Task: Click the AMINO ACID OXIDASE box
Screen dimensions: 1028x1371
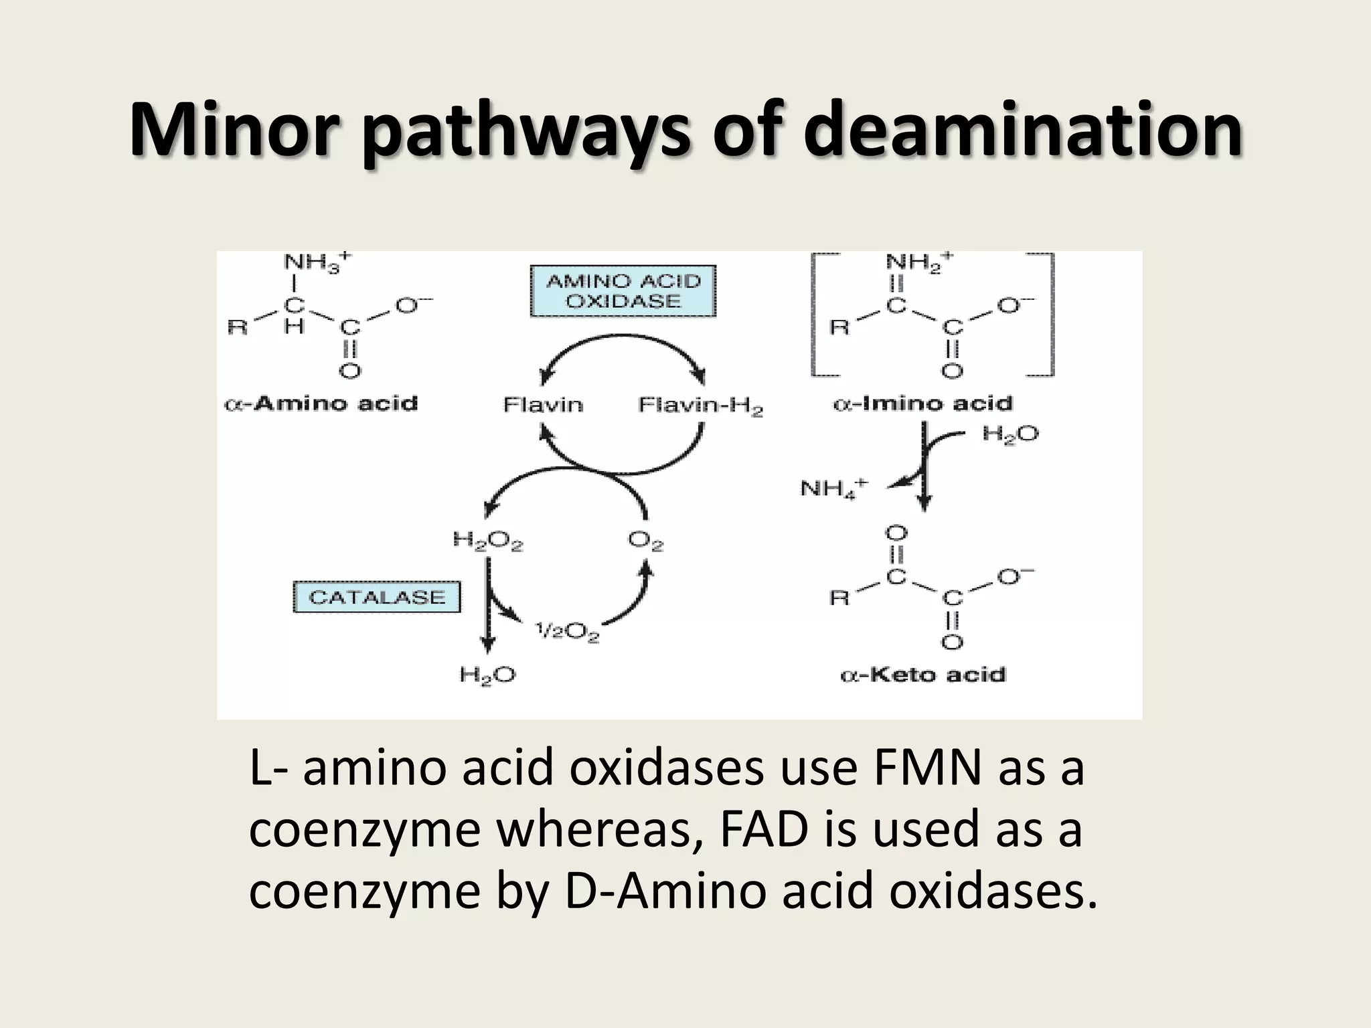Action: click(623, 291)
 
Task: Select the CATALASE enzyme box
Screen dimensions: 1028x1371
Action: click(377, 597)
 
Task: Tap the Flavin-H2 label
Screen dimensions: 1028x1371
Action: click(700, 406)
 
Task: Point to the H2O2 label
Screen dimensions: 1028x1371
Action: click(488, 541)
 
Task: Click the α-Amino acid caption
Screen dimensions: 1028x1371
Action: click(321, 404)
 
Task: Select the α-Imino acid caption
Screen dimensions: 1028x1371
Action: click(922, 404)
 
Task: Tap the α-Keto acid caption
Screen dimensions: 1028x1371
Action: click(922, 674)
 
